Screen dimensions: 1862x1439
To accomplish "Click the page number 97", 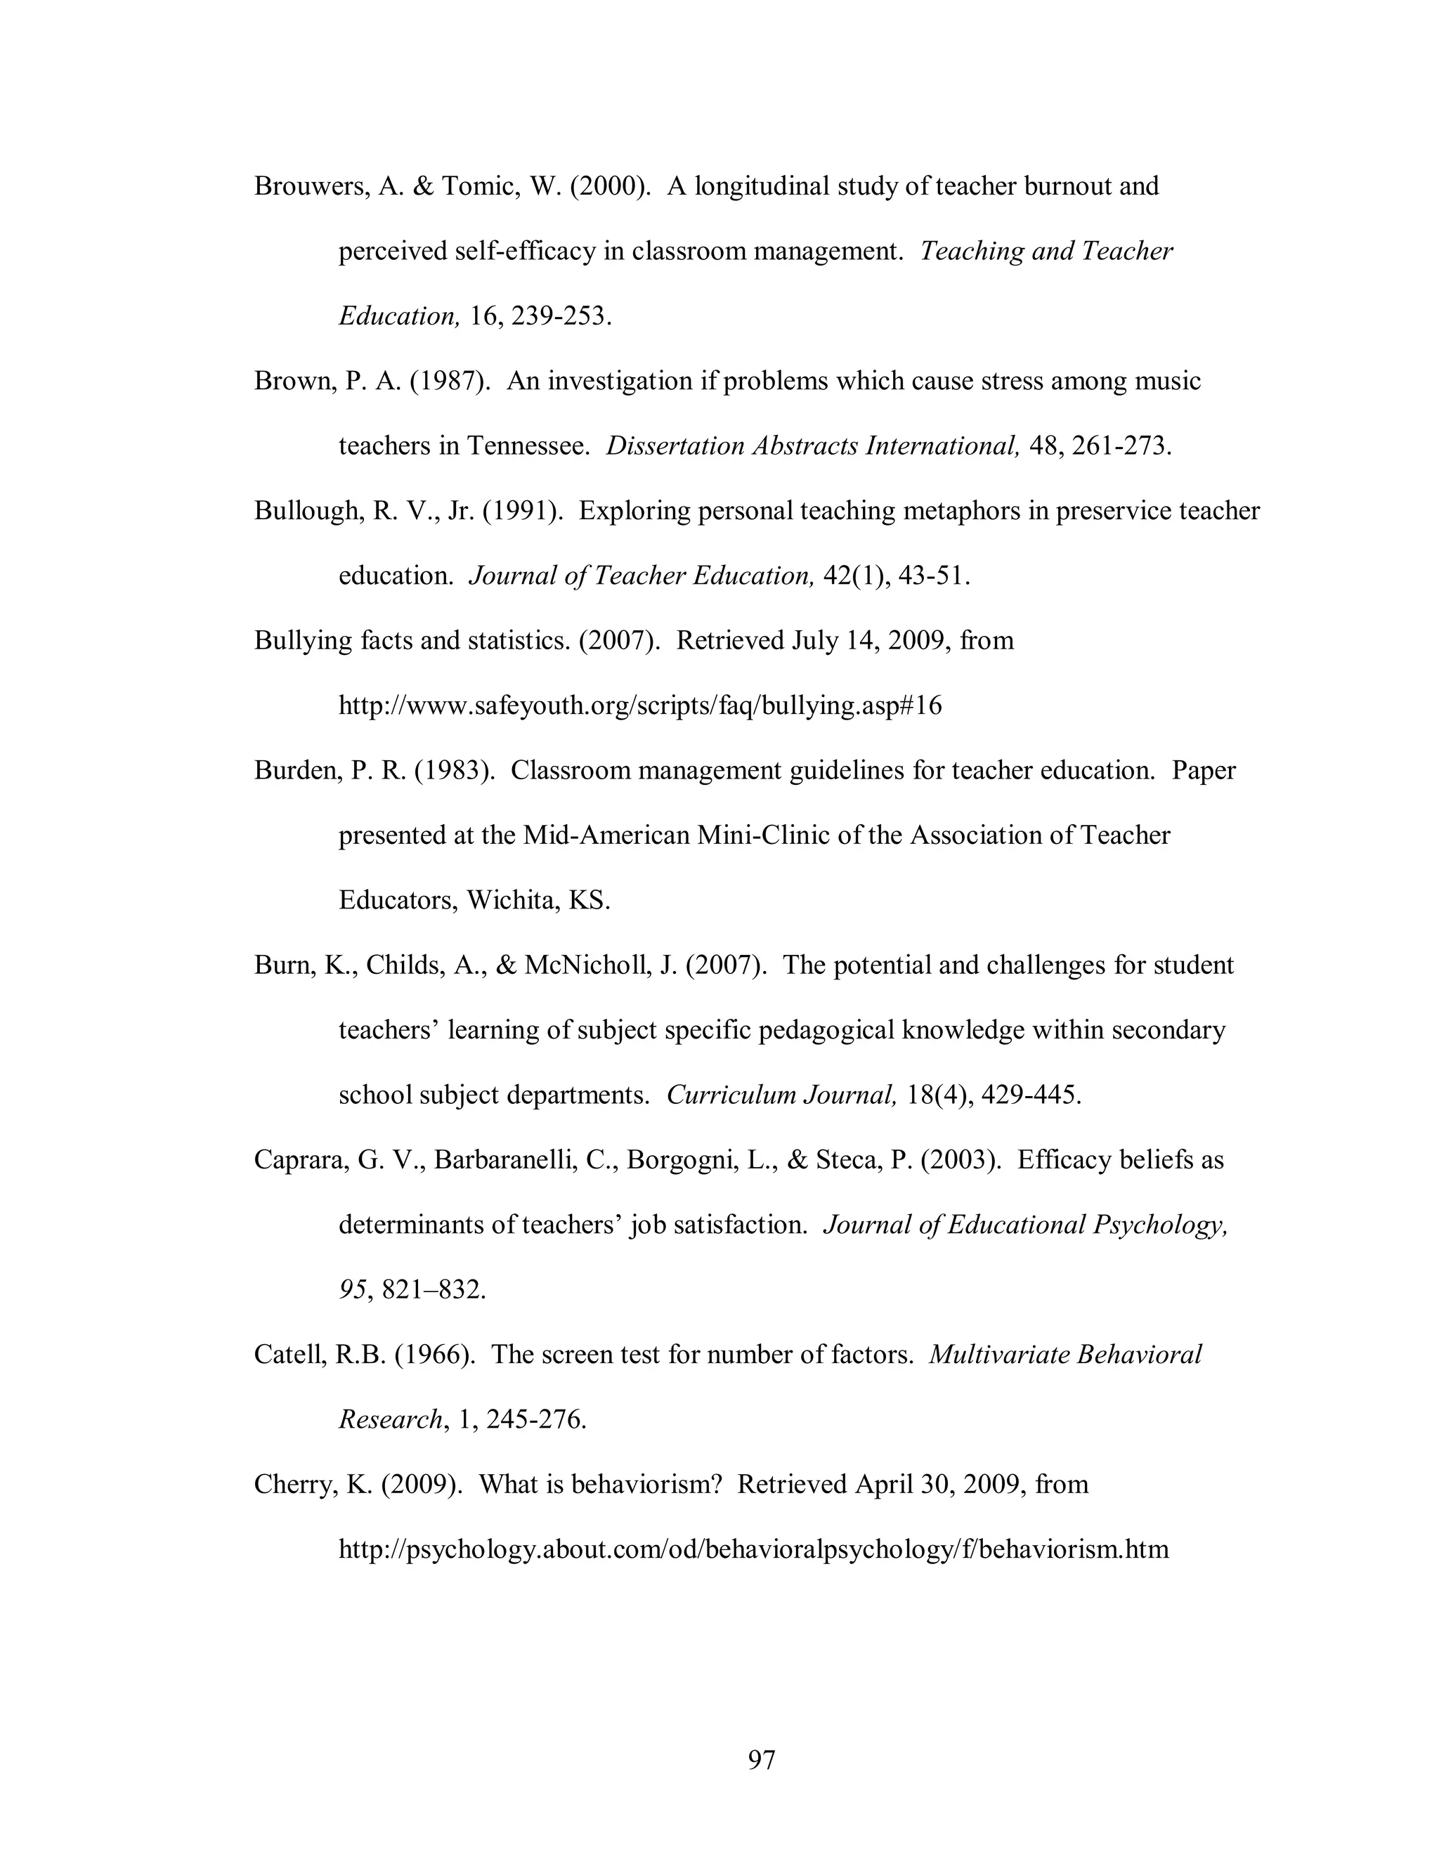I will [761, 1759].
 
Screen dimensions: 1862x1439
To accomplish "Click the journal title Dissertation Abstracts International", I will [812, 446].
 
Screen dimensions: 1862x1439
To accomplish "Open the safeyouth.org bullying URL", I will [640, 706].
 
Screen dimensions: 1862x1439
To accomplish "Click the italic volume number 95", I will [352, 1290].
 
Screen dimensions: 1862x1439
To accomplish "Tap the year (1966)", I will [435, 1355].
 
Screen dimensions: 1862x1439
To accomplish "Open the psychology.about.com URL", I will [754, 1549].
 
